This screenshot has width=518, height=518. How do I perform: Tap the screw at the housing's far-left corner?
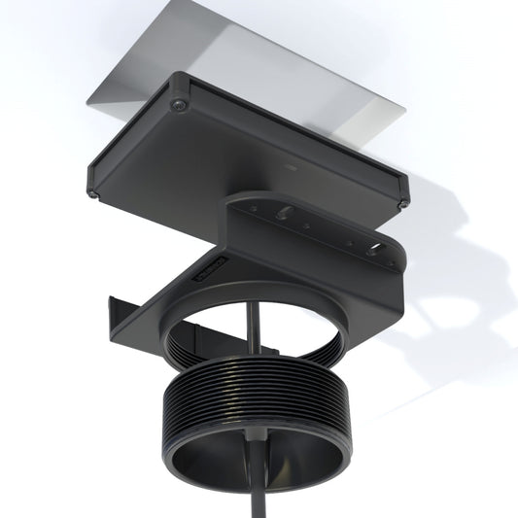click(90, 192)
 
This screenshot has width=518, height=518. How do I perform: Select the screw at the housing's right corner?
click(402, 204)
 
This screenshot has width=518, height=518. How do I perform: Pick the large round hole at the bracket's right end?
click(374, 247)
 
